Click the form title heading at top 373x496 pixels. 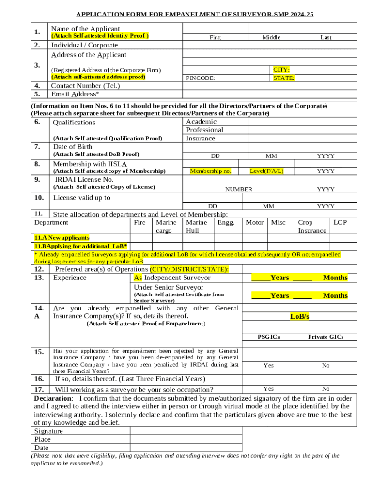pyautogui.click(x=195, y=15)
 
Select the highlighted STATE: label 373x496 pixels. pyautogui.click(x=283, y=77)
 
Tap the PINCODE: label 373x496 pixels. pyautogui.click(x=201, y=77)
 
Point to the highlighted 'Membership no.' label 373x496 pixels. pyautogui.click(x=210, y=171)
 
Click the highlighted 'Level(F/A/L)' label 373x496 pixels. pyautogui.click(x=266, y=171)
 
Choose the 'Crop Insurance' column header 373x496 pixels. pyautogui.click(x=312, y=226)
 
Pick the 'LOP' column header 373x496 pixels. pyautogui.click(x=340, y=222)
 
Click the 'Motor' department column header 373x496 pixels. pyautogui.click(x=254, y=222)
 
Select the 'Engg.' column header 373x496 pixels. pyautogui.click(x=226, y=222)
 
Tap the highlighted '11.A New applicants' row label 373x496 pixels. pyautogui.click(x=62, y=238)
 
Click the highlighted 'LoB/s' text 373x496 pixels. pyautogui.click(x=299, y=316)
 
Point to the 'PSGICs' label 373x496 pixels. pyautogui.click(x=268, y=337)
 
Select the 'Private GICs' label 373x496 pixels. pyautogui.click(x=326, y=337)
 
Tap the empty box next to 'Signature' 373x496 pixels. pyautogui.click(x=186, y=431)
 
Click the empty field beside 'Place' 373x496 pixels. pyautogui.click(x=186, y=439)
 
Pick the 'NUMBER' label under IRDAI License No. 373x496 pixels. pyautogui.click(x=238, y=189)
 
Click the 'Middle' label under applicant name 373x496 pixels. pyautogui.click(x=271, y=37)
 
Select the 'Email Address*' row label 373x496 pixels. pyautogui.click(x=76, y=94)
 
